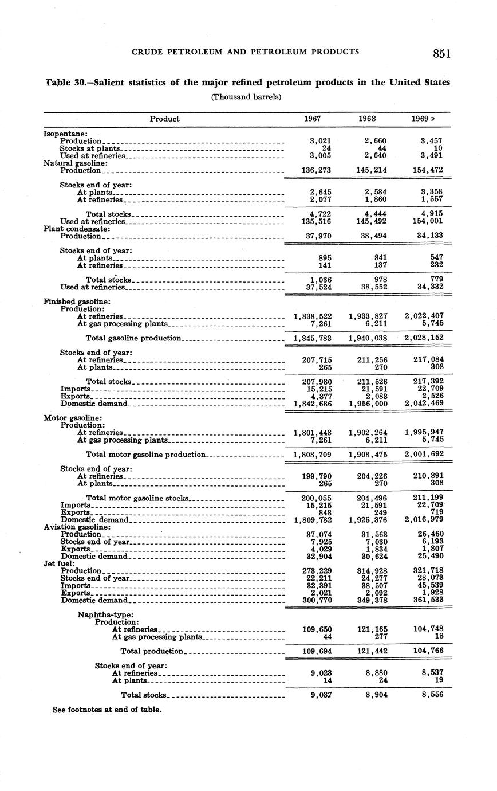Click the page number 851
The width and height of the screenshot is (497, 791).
coord(441,54)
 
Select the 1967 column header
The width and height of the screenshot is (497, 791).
coord(312,119)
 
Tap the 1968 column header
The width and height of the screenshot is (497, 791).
coord(366,119)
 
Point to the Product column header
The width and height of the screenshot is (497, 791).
coord(164,119)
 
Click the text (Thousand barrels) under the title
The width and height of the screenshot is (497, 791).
coord(246,97)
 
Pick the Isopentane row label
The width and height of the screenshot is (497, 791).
coord(65,134)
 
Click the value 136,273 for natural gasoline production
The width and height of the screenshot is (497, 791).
coord(317,170)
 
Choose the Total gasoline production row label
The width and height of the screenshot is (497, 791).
coord(133,338)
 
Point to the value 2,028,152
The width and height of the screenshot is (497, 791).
coord(424,338)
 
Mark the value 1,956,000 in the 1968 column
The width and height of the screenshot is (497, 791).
coord(368,404)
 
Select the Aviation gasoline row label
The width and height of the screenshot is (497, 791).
coord(77,527)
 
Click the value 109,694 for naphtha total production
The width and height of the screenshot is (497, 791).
coord(317,652)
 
